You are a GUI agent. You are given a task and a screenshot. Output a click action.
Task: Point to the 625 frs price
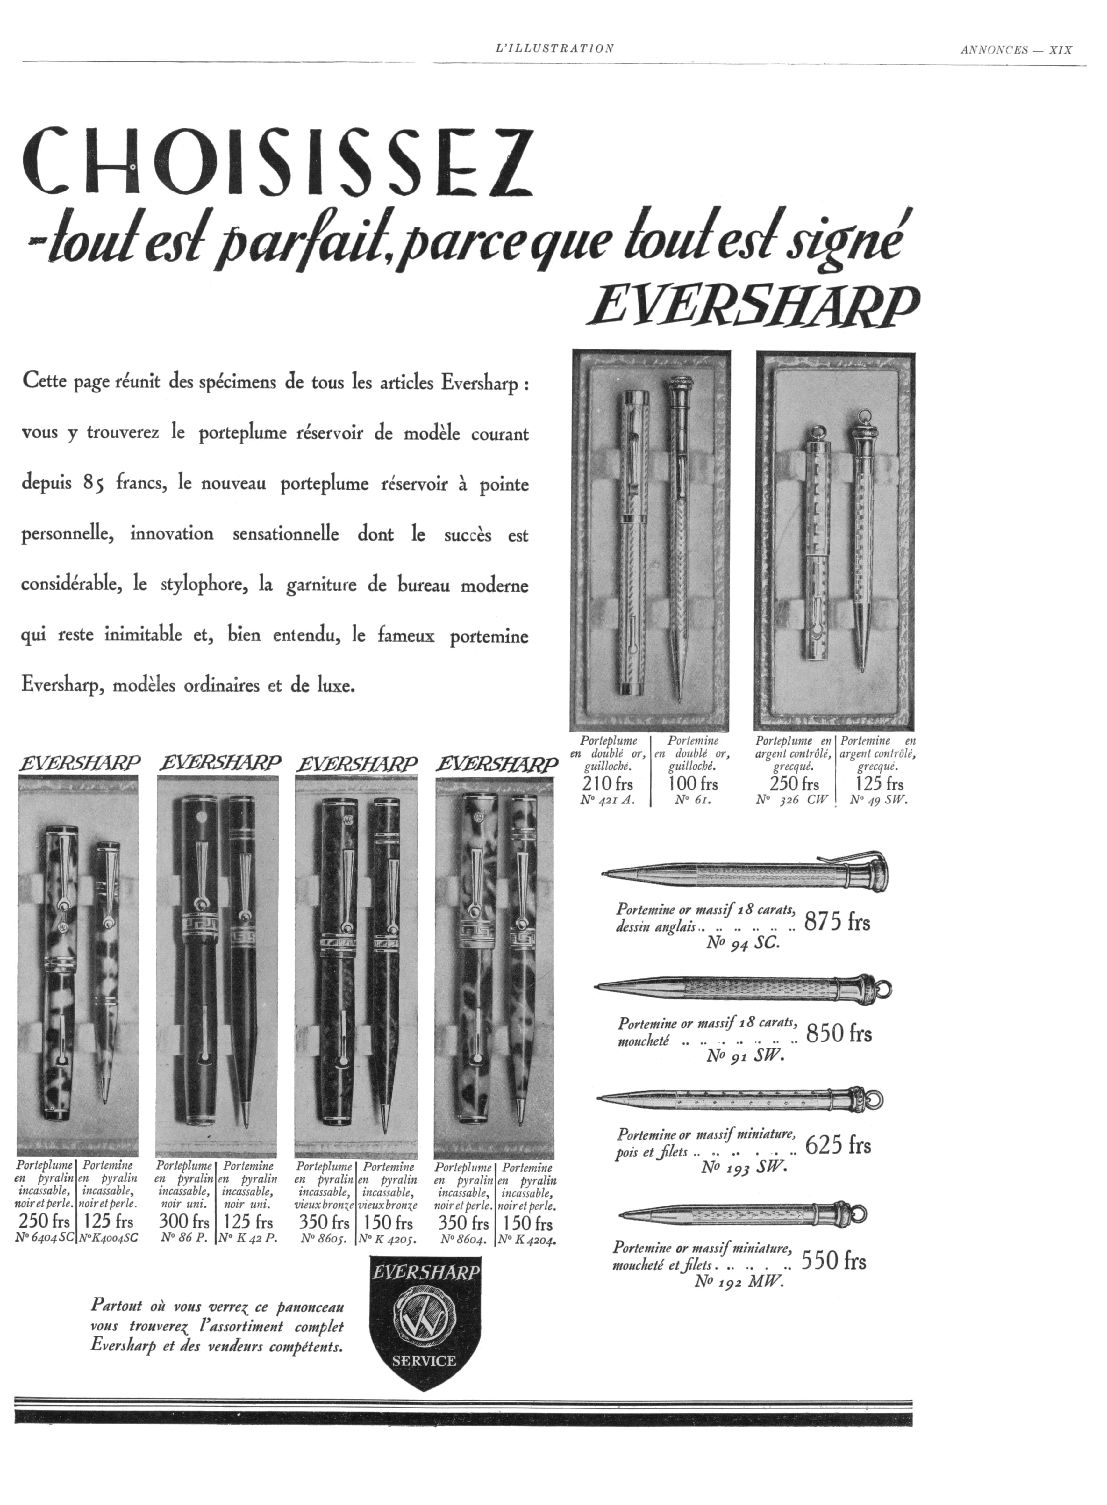[x=838, y=1145]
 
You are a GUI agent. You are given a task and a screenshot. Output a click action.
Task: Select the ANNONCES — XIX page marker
[x=1016, y=50]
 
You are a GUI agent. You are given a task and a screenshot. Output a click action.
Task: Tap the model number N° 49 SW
[x=878, y=799]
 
